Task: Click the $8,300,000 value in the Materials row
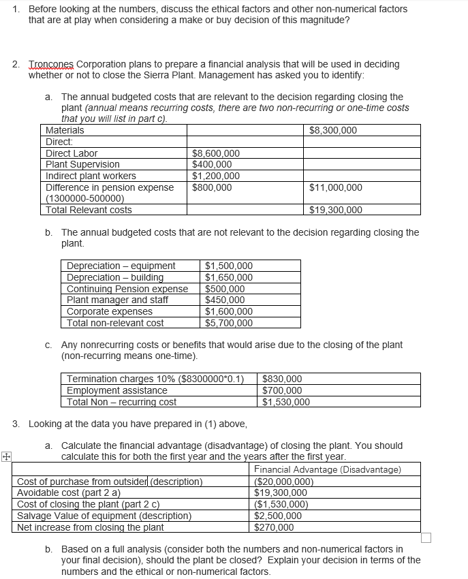333,130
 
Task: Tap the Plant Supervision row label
82,164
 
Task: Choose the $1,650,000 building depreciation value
229,277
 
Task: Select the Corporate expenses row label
110,311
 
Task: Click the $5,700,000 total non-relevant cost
229,323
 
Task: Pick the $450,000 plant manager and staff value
225,300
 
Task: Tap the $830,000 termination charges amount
282,379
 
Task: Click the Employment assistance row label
116,390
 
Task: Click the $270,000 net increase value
274,527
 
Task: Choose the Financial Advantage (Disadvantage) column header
328,469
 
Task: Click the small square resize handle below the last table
426,538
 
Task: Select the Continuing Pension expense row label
127,289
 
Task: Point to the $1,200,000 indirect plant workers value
216,176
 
